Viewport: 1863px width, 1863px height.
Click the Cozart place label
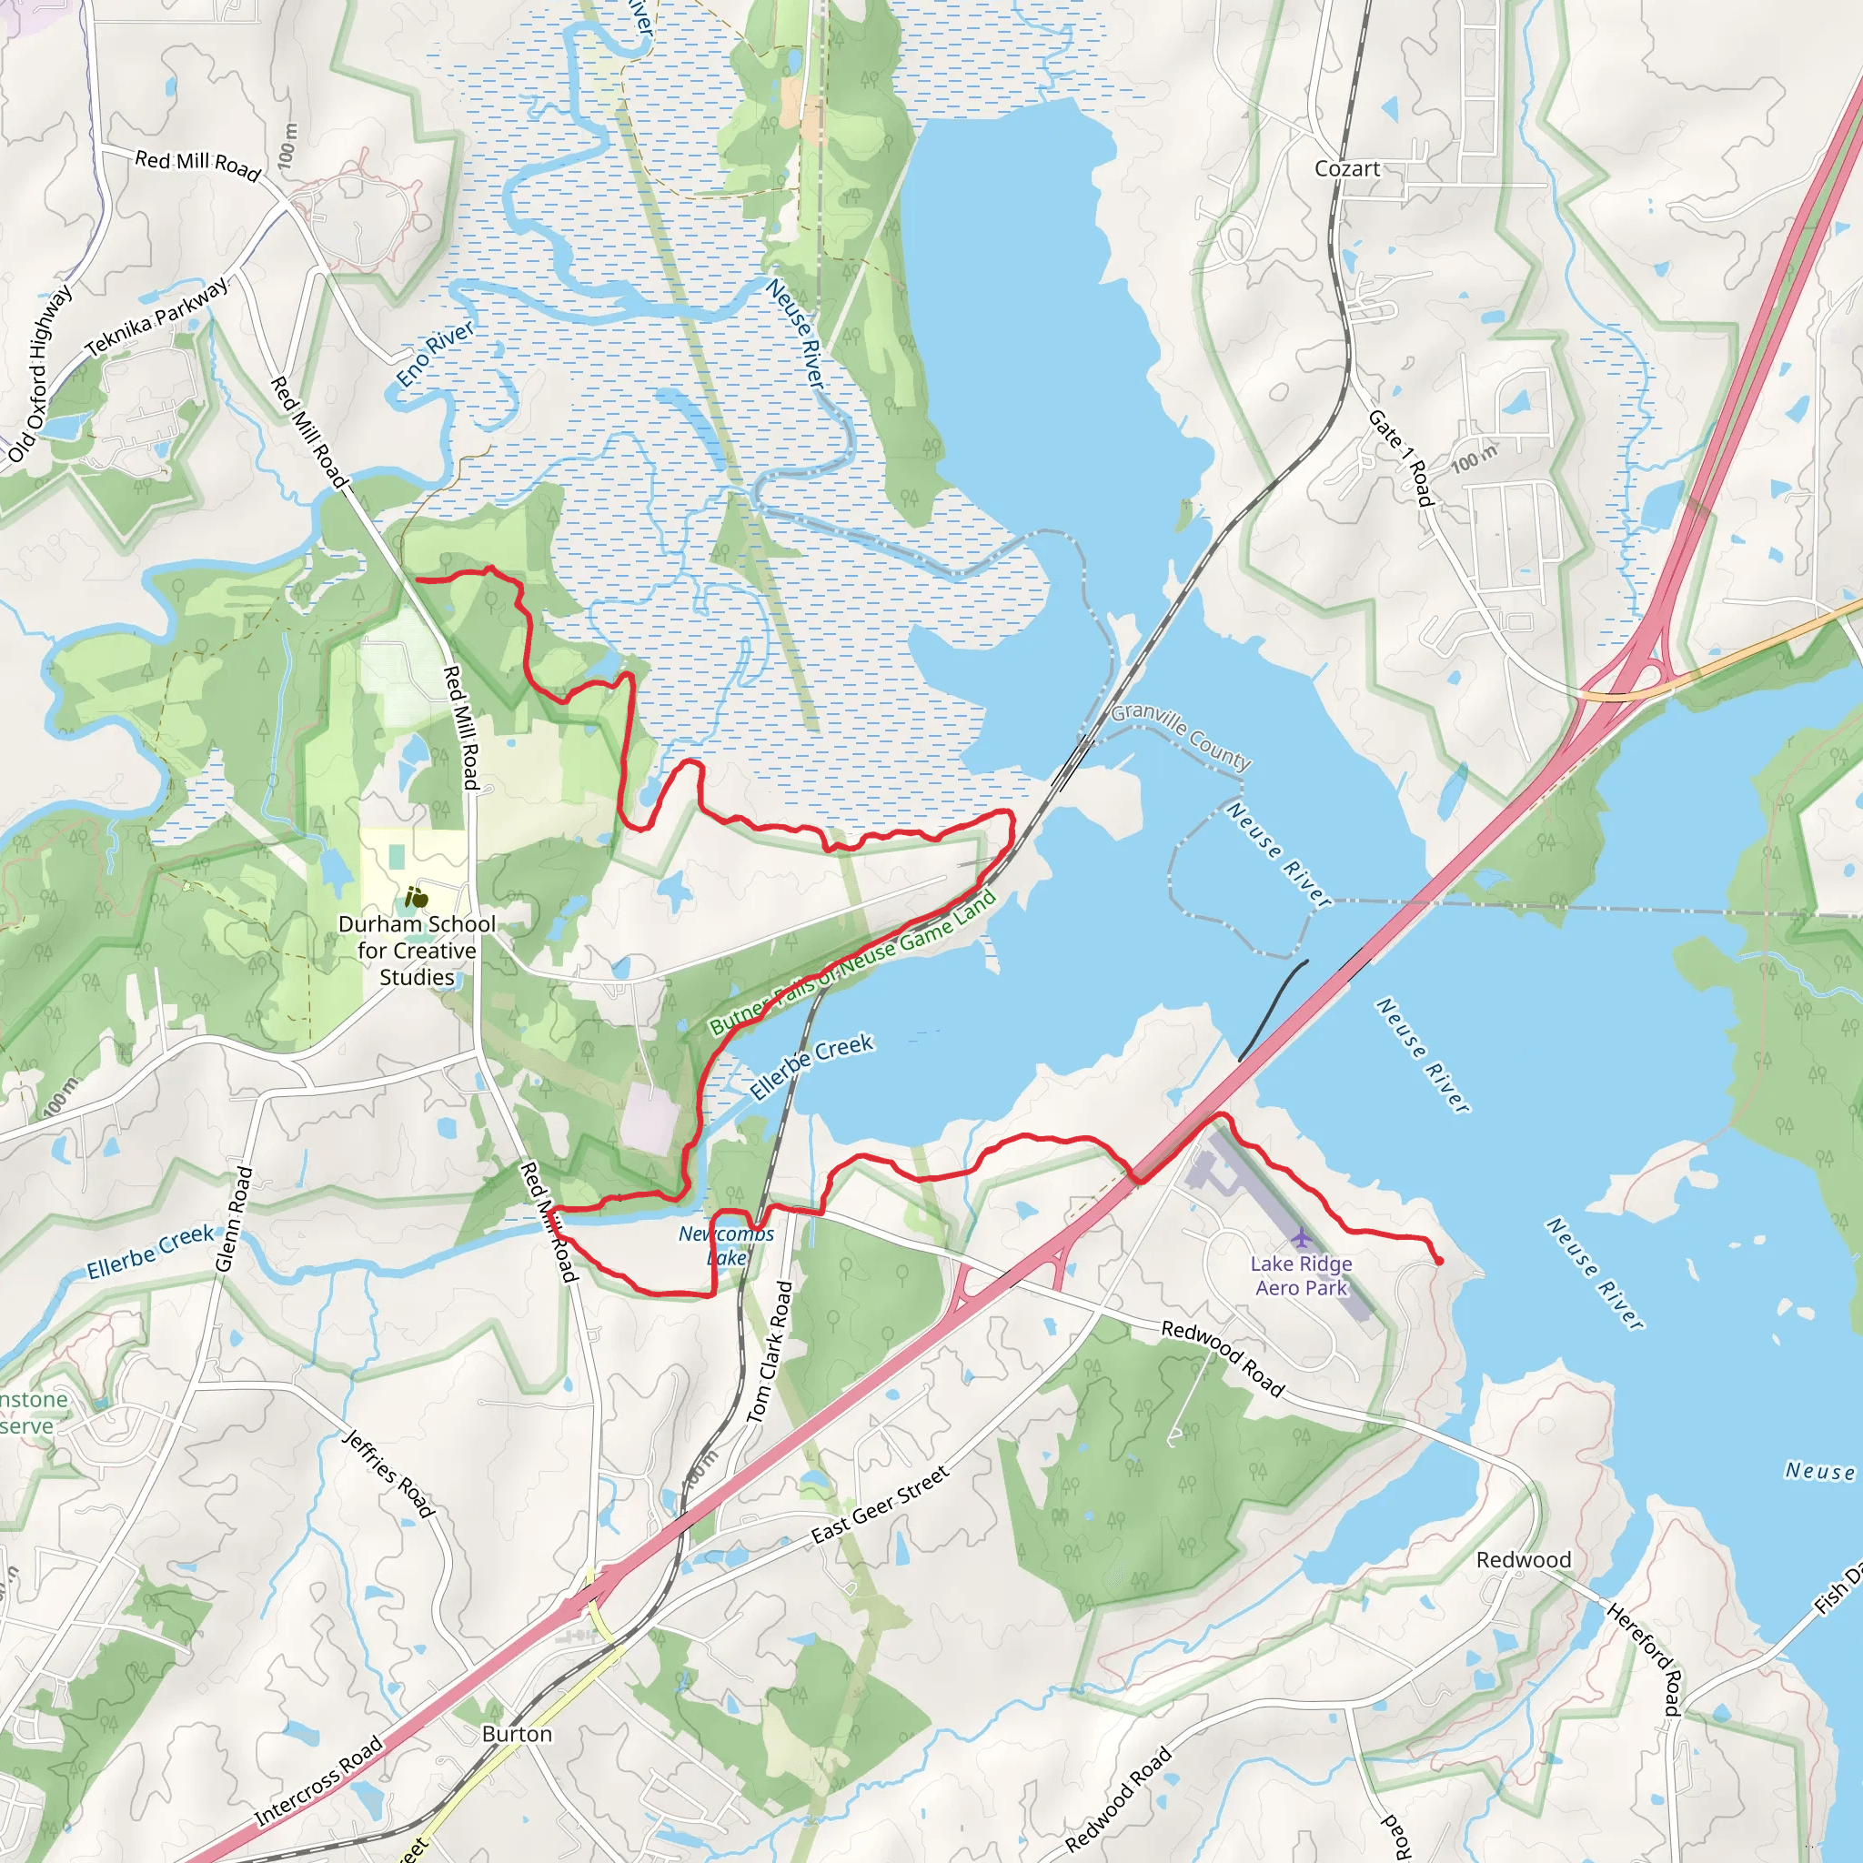pos(1347,169)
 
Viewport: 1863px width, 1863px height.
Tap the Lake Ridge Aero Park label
pos(1301,1274)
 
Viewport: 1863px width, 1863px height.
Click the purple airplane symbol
pos(1302,1237)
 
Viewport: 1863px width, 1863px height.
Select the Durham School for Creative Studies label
pos(417,950)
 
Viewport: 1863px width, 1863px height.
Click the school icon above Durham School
pos(417,898)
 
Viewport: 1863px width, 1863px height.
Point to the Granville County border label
pos(1182,737)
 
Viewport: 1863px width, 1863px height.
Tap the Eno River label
pos(436,354)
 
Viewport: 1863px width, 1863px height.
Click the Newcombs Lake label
pos(726,1245)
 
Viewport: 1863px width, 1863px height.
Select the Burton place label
pos(517,1734)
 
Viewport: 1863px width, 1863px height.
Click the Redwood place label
pos(1524,1560)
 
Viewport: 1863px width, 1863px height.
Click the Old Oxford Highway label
pos(39,374)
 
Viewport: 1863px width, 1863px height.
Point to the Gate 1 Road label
pos(1401,457)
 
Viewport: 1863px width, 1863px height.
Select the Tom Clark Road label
pos(770,1351)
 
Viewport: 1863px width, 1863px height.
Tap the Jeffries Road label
pos(389,1474)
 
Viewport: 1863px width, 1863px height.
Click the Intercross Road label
pos(319,1782)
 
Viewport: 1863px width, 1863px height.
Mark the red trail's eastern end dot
pos(1439,1260)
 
